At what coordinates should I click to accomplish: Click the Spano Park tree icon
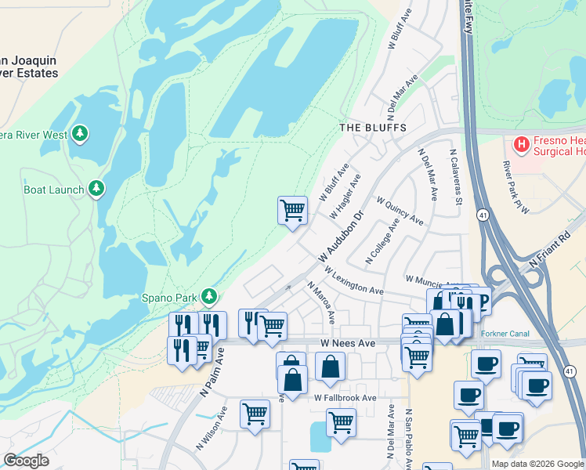(x=208, y=296)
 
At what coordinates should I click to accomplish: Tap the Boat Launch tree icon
(x=96, y=188)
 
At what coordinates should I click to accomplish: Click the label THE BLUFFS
(x=373, y=127)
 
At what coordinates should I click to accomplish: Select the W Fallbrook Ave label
(x=345, y=398)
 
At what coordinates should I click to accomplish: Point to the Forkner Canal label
(x=506, y=334)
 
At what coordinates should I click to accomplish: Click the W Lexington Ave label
(x=356, y=284)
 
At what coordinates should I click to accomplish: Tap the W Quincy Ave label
(x=400, y=211)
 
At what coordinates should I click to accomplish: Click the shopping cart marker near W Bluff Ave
(x=292, y=210)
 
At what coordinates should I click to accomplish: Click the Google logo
(x=27, y=461)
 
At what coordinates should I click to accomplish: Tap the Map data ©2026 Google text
(x=537, y=464)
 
